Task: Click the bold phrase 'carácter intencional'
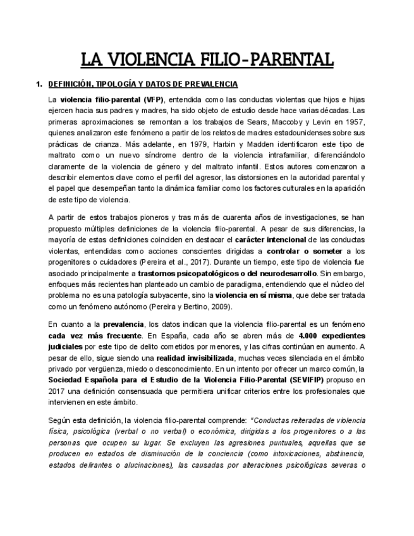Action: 270,240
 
